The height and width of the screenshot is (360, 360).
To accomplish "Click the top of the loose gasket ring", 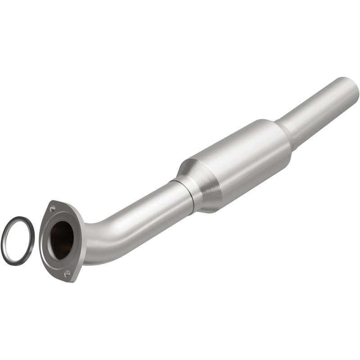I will [19, 218].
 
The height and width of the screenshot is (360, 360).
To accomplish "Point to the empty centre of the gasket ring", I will [18, 240].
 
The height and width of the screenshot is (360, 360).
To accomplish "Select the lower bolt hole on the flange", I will [67, 273].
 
